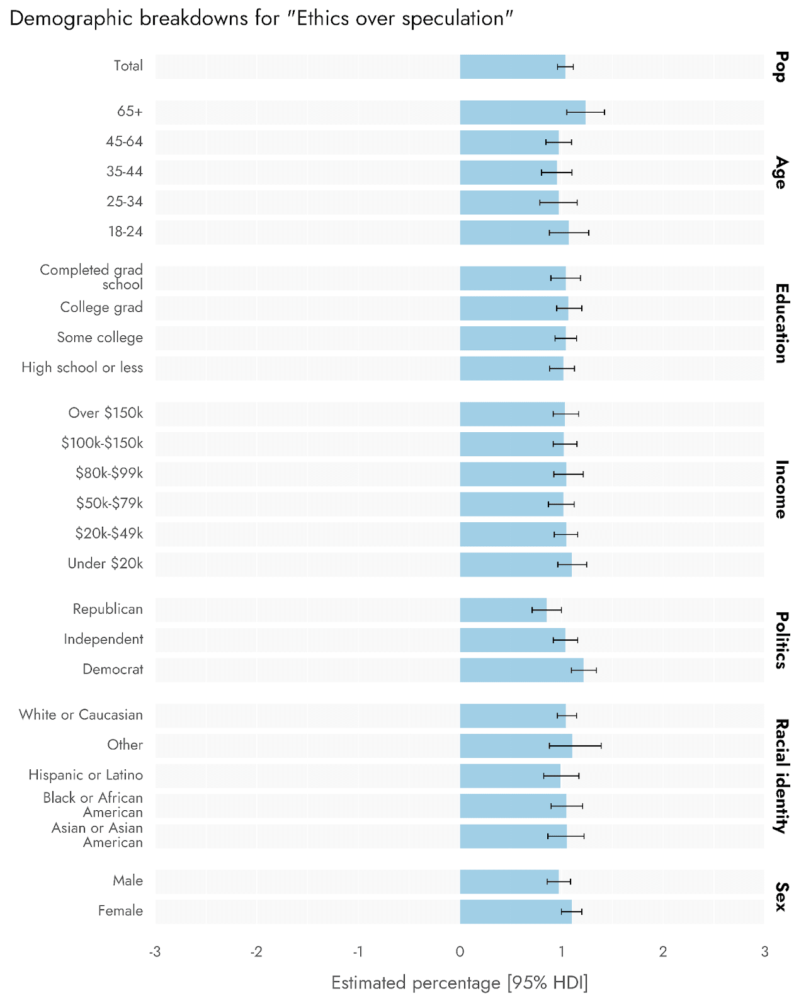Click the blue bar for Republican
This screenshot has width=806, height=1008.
coord(503,610)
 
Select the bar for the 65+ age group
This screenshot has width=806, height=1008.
coord(523,112)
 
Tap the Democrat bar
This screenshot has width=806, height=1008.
coord(521,670)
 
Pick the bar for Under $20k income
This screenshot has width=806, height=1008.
coord(516,564)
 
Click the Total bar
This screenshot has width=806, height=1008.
coord(513,67)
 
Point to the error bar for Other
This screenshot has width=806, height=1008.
coord(575,746)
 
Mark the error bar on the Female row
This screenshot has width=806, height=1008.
coord(571,912)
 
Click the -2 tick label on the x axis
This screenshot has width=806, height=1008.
coord(256,952)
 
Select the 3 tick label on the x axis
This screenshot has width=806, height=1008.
coord(764,952)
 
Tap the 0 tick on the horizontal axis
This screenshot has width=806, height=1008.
coord(460,952)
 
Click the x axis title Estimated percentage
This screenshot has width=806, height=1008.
coord(460,983)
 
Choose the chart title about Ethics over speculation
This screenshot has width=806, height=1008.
coord(261,19)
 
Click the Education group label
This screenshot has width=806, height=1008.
coord(781,323)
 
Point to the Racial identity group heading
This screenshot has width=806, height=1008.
coord(781,776)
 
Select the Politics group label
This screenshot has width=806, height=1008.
coord(781,640)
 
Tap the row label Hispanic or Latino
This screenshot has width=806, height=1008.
coord(86,775)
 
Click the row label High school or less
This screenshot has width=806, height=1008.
coord(82,368)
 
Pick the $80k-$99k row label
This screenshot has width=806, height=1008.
coord(109,473)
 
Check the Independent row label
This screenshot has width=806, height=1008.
coord(103,639)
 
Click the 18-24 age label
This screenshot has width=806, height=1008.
coord(125,232)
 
